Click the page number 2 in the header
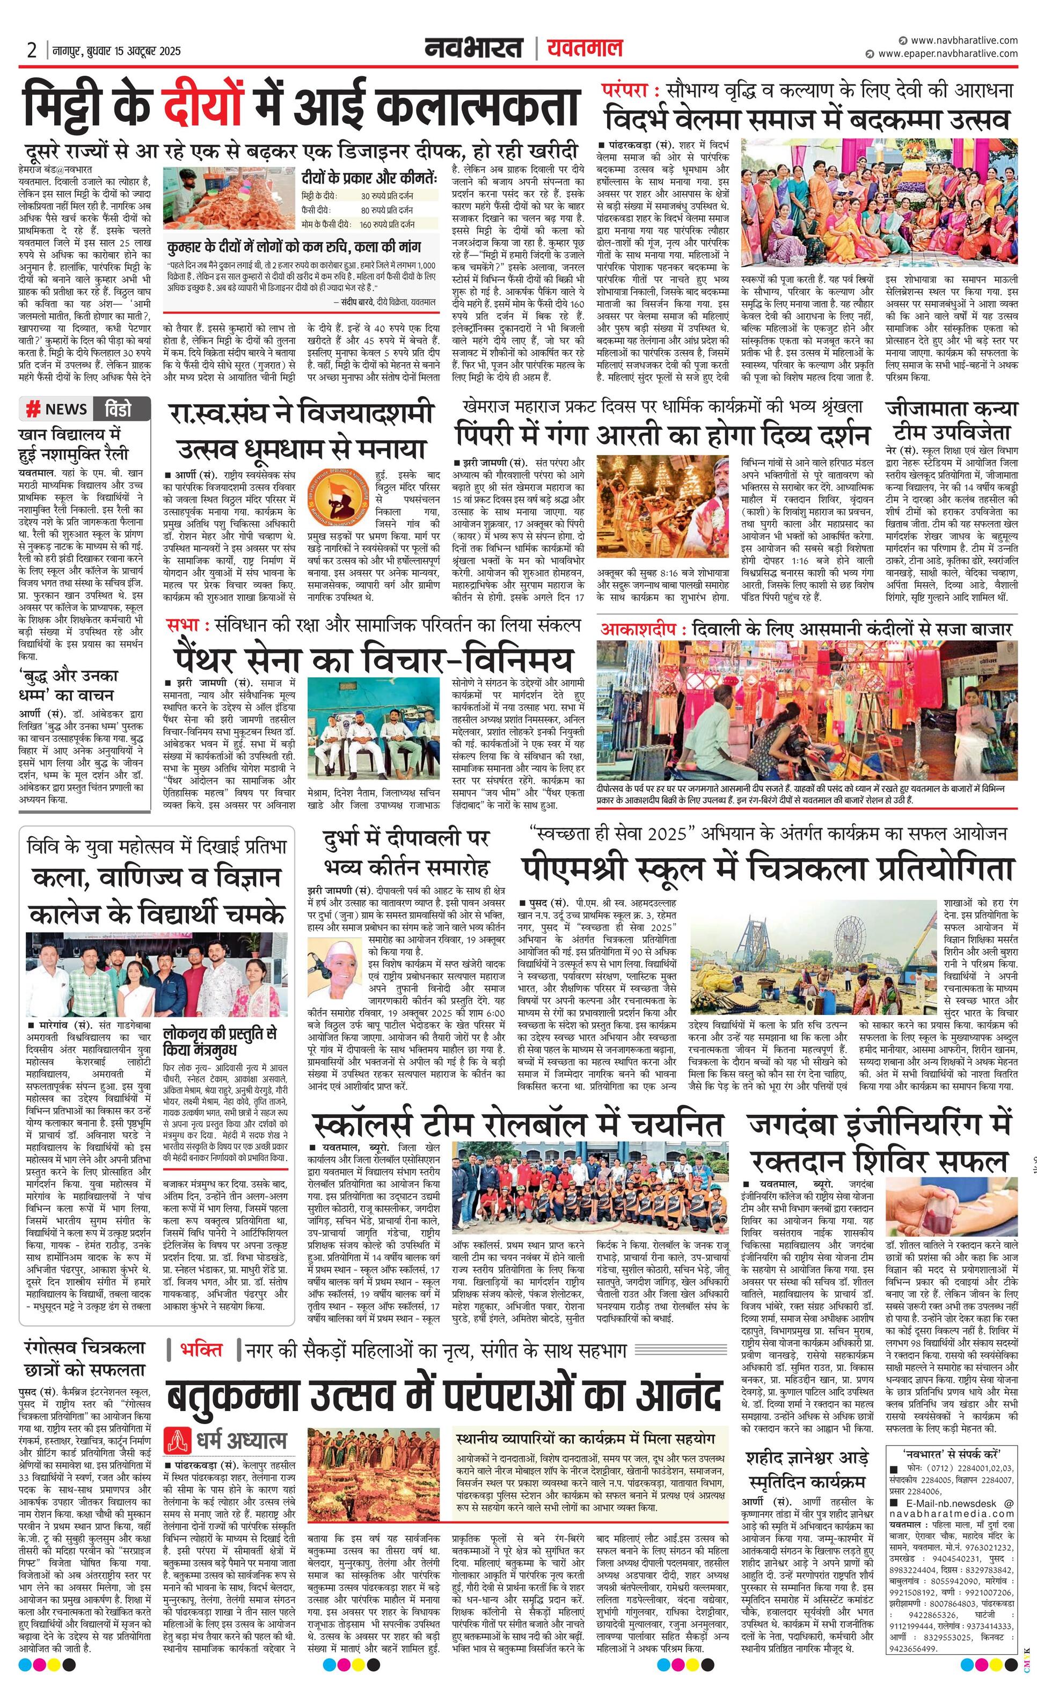click(32, 50)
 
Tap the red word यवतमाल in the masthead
click(585, 48)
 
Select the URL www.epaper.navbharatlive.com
click(948, 54)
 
